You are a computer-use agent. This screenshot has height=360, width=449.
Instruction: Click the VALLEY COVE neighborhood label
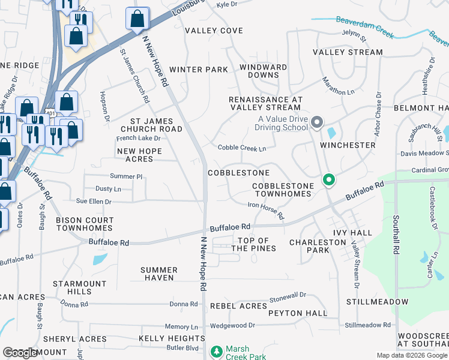tap(214, 31)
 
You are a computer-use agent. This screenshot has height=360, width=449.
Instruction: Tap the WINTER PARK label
tap(199, 70)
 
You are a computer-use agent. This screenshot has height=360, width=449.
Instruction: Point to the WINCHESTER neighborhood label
tap(348, 145)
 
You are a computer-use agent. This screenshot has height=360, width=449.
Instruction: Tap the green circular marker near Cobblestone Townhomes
tap(328, 179)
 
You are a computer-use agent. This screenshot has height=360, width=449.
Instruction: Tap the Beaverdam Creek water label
tap(364, 28)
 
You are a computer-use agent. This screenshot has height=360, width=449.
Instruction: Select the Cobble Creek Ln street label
tap(242, 148)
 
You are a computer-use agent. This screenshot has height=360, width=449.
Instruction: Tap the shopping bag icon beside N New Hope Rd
tap(138, 19)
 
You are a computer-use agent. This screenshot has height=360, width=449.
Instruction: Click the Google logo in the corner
tap(20, 353)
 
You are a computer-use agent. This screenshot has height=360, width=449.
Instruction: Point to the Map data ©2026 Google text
tap(411, 355)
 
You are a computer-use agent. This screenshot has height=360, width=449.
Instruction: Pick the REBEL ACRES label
tap(238, 306)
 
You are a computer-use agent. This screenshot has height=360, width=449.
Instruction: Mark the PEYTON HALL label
tap(298, 313)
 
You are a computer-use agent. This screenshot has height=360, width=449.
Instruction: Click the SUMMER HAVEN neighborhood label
tap(159, 274)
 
